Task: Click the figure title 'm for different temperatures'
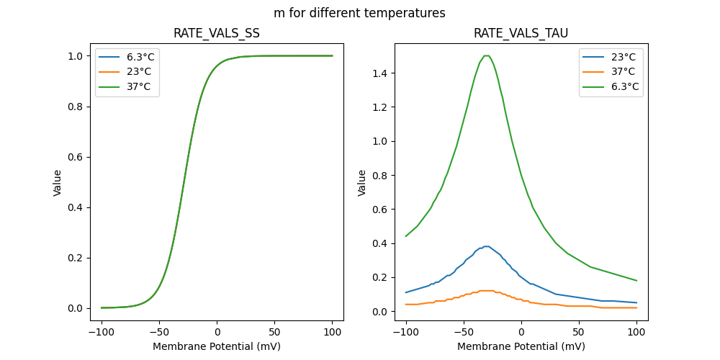359,13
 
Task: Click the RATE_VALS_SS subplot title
217,33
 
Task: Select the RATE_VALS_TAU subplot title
521,33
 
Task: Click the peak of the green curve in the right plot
487,55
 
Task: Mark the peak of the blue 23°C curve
487,246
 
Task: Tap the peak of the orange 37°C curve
487,291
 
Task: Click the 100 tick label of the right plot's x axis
636,331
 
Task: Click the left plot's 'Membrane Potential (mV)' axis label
217,346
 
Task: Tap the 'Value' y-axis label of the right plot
362,183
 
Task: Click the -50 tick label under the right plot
464,331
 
